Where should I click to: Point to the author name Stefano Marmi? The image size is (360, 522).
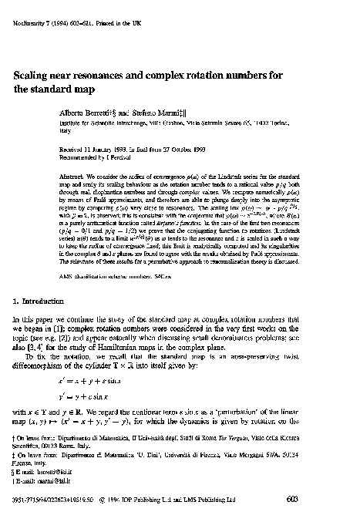(x=159, y=113)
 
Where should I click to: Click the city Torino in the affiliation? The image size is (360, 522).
(x=286, y=122)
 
